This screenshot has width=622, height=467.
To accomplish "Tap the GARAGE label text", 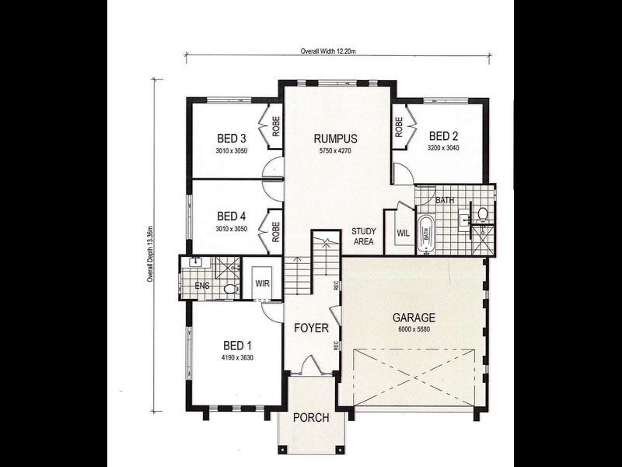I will point(413,318).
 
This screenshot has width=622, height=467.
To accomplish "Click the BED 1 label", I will point(238,346).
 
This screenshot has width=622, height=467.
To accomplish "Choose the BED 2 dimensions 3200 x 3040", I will point(444,146).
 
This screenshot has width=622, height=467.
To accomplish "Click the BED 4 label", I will point(231,216).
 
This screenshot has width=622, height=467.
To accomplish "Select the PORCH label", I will point(310,418).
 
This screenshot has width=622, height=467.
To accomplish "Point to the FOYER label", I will point(310,328).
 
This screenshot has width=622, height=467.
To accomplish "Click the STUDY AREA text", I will point(363,237).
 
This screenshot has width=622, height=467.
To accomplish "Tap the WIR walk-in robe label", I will point(263,285).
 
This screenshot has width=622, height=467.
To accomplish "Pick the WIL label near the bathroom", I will point(403,232).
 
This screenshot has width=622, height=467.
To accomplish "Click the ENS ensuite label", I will point(203,285).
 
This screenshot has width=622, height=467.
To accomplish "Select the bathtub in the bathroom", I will point(426,233).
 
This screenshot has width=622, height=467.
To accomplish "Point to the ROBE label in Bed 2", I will point(399,126).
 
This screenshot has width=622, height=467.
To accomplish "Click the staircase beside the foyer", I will point(297,274).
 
